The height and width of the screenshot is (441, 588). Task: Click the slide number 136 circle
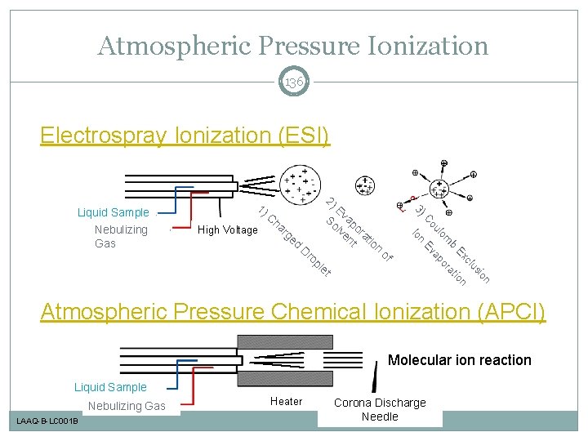(294, 82)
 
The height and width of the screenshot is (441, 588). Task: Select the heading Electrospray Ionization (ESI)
(185, 134)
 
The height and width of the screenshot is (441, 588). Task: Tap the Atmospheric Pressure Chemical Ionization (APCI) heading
(293, 311)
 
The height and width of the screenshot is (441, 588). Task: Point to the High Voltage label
(228, 230)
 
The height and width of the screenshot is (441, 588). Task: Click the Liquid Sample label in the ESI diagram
(113, 212)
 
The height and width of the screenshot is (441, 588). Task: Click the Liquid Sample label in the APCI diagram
(110, 387)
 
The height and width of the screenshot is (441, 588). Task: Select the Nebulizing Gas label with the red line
(127, 406)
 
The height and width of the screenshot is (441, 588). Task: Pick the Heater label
(286, 401)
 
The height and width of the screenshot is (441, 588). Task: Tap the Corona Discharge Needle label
(380, 409)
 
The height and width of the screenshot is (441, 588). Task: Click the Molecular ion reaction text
(459, 360)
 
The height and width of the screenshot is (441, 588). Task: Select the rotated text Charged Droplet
(294, 241)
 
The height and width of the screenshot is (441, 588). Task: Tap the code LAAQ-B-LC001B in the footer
(46, 421)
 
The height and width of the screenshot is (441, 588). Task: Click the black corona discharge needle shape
(375, 376)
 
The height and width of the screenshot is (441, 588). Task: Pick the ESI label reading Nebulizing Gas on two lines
(121, 236)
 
